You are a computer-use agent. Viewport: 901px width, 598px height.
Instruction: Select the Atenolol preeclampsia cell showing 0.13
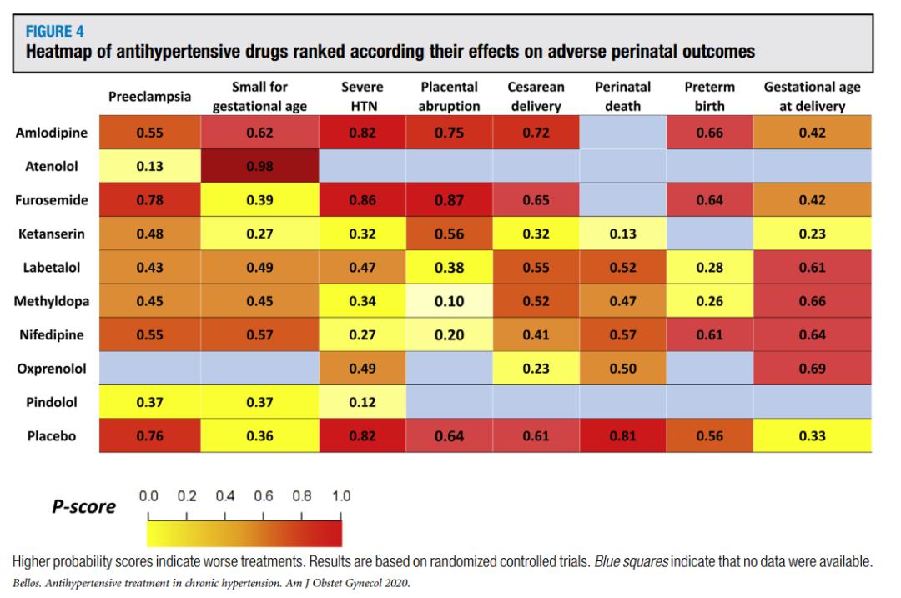pos(149,166)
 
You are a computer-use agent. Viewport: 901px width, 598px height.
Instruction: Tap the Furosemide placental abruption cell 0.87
pos(449,200)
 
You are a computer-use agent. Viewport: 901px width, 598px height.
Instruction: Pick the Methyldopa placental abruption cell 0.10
pos(449,301)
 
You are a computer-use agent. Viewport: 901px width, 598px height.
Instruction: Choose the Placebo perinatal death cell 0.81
pos(622,435)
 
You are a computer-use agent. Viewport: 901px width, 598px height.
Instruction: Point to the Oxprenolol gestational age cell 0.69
pos(813,369)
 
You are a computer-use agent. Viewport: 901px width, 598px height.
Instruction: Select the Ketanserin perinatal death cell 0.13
pos(622,234)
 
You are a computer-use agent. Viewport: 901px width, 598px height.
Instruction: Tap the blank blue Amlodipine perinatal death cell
pos(622,132)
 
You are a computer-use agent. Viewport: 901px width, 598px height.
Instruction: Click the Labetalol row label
pos(48,268)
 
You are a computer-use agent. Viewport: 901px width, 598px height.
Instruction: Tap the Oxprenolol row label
pos(48,369)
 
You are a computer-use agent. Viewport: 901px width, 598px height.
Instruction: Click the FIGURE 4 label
pos(50,34)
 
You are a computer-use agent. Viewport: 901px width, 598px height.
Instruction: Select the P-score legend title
pos(84,506)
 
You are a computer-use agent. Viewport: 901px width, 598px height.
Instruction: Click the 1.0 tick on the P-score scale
pos(341,497)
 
